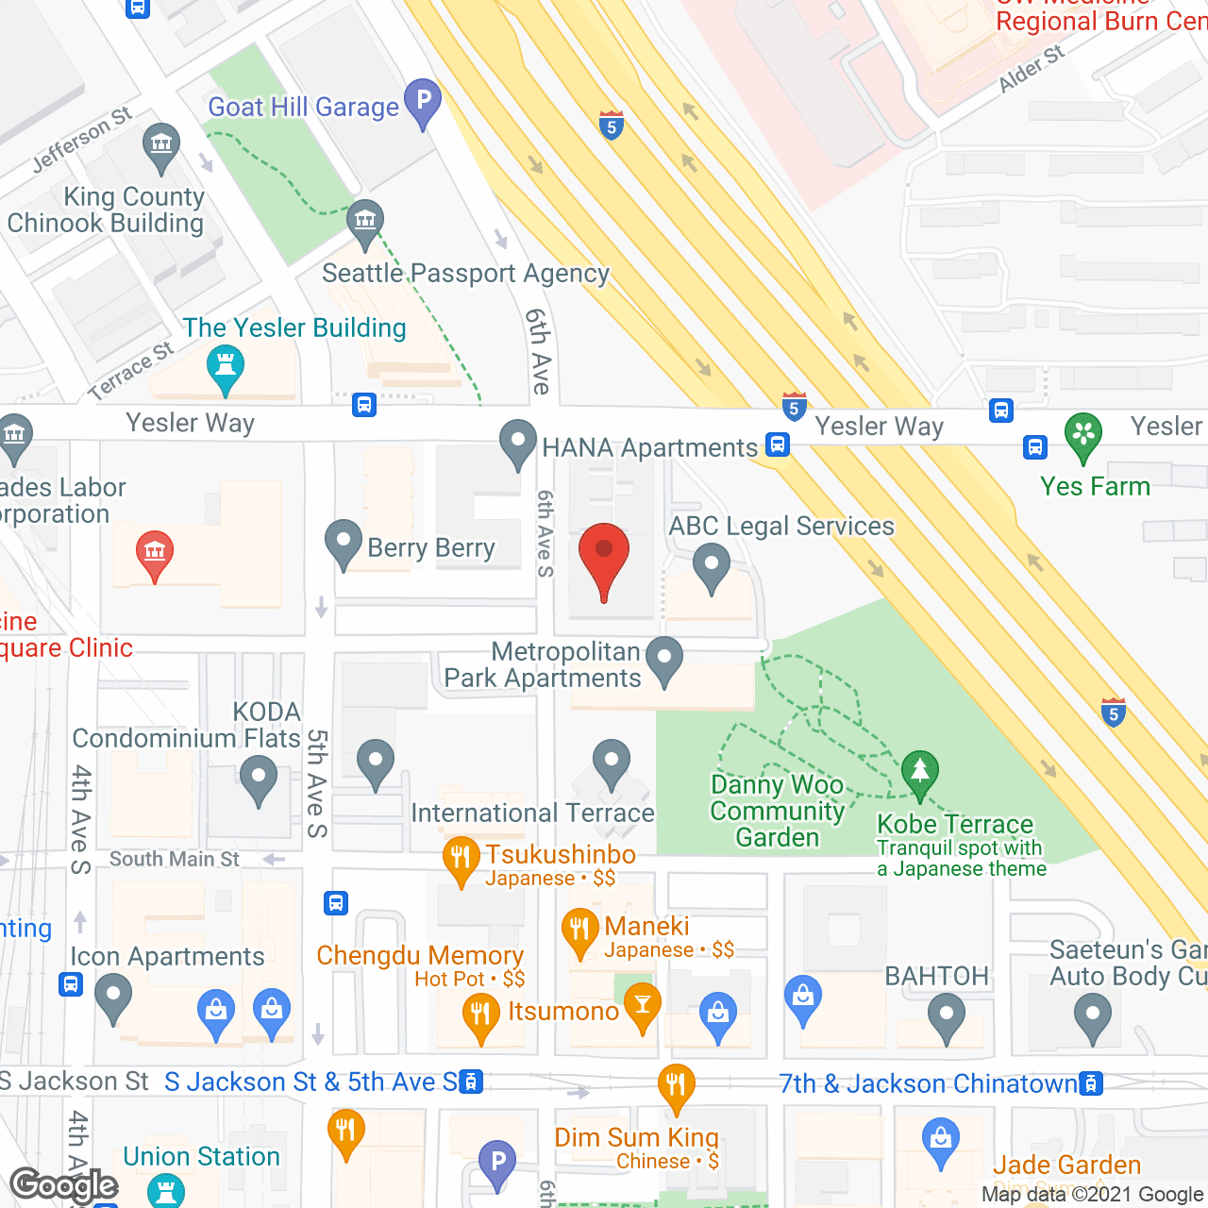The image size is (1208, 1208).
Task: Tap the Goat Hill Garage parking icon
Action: point(423,101)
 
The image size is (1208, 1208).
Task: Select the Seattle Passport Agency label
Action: point(465,274)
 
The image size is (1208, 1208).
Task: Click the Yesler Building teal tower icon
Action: point(225,367)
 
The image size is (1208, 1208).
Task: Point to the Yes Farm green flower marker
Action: point(1083,435)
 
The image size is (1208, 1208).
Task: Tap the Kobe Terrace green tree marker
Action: point(919,772)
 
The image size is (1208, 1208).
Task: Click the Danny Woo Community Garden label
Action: point(778,812)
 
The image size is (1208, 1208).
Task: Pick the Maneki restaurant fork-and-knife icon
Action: point(579,931)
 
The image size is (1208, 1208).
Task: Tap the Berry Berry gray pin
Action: point(343,543)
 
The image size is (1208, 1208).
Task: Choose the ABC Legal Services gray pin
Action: point(711,569)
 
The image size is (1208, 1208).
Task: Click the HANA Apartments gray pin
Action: point(517,442)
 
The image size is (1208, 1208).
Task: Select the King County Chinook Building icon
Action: point(161,145)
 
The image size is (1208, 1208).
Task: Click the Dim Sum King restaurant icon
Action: point(676,1086)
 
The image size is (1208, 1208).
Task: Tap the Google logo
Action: point(64,1185)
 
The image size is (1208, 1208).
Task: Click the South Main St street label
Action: point(175,859)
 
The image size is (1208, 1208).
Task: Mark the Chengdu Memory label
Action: point(420,956)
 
